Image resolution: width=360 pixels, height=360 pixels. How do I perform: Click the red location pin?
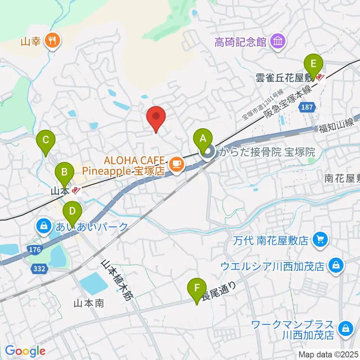(156, 118)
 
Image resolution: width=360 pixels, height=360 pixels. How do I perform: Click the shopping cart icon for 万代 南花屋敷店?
(320, 239)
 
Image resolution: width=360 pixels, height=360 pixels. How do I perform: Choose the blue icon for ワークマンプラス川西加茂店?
(344, 328)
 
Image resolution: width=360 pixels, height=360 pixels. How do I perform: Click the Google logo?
(25, 351)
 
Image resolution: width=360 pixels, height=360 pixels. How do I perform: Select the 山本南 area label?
(89, 303)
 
